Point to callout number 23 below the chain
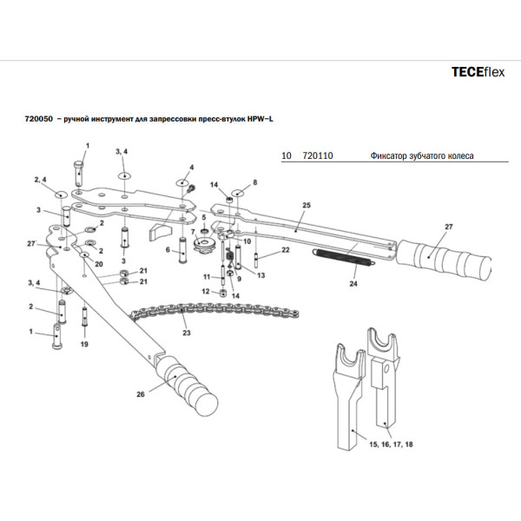click(185, 332)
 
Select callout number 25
click(306, 206)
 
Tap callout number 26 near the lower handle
click(140, 393)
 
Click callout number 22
click(285, 250)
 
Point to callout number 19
click(84, 345)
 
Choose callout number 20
click(98, 263)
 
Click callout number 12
click(206, 292)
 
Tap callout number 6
click(167, 251)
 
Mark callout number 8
click(255, 183)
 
